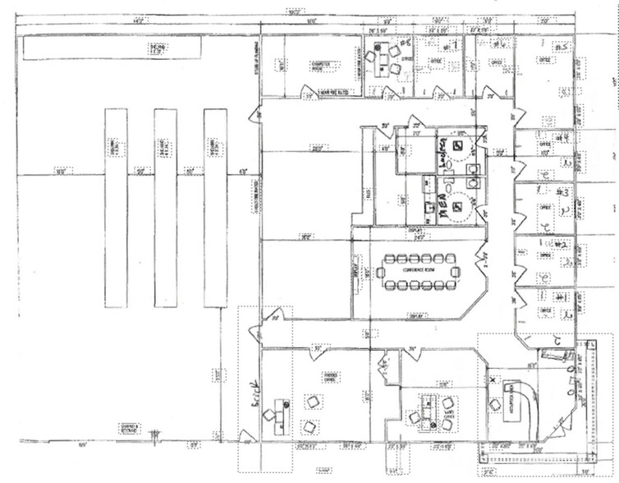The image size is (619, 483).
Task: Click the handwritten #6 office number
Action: click(403, 44)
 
